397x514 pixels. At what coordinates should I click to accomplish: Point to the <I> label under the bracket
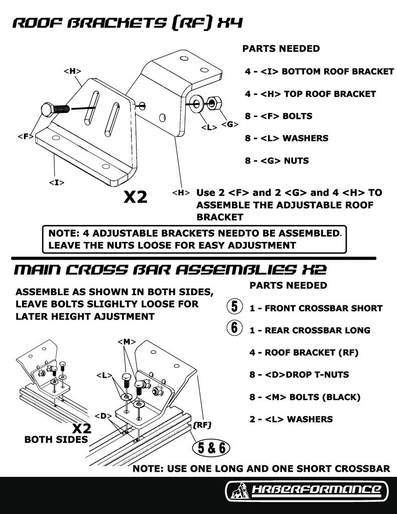point(56,182)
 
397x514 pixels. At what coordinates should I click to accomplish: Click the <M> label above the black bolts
point(126,342)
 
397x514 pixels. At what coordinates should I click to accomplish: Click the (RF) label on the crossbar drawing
point(201,425)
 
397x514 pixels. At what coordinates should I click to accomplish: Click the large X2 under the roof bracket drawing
point(136,197)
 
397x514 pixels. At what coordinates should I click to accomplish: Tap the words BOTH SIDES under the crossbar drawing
point(56,440)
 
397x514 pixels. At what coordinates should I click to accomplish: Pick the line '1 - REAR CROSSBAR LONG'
point(310,330)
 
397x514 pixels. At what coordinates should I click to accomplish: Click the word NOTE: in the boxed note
point(62,233)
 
